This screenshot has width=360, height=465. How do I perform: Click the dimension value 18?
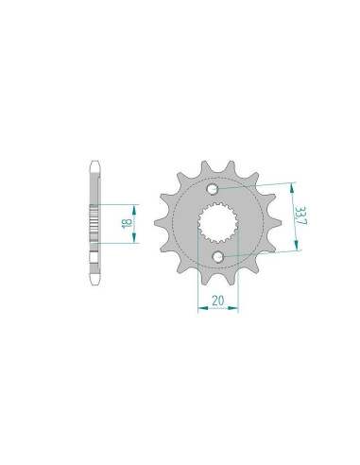[x=128, y=223]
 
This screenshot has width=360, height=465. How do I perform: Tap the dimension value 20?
[x=217, y=301]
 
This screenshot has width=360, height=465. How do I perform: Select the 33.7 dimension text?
[x=301, y=215]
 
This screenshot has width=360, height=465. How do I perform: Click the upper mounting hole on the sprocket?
[x=213, y=189]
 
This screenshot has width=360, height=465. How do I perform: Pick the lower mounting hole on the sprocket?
[x=218, y=257]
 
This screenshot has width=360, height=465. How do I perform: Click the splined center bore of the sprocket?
[x=218, y=222]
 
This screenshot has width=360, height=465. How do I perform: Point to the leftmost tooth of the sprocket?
[x=161, y=223]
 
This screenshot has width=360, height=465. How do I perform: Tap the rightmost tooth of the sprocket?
[x=275, y=222]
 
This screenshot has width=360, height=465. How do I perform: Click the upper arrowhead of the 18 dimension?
[x=135, y=208]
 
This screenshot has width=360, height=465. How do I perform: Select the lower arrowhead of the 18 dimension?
[x=135, y=239]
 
